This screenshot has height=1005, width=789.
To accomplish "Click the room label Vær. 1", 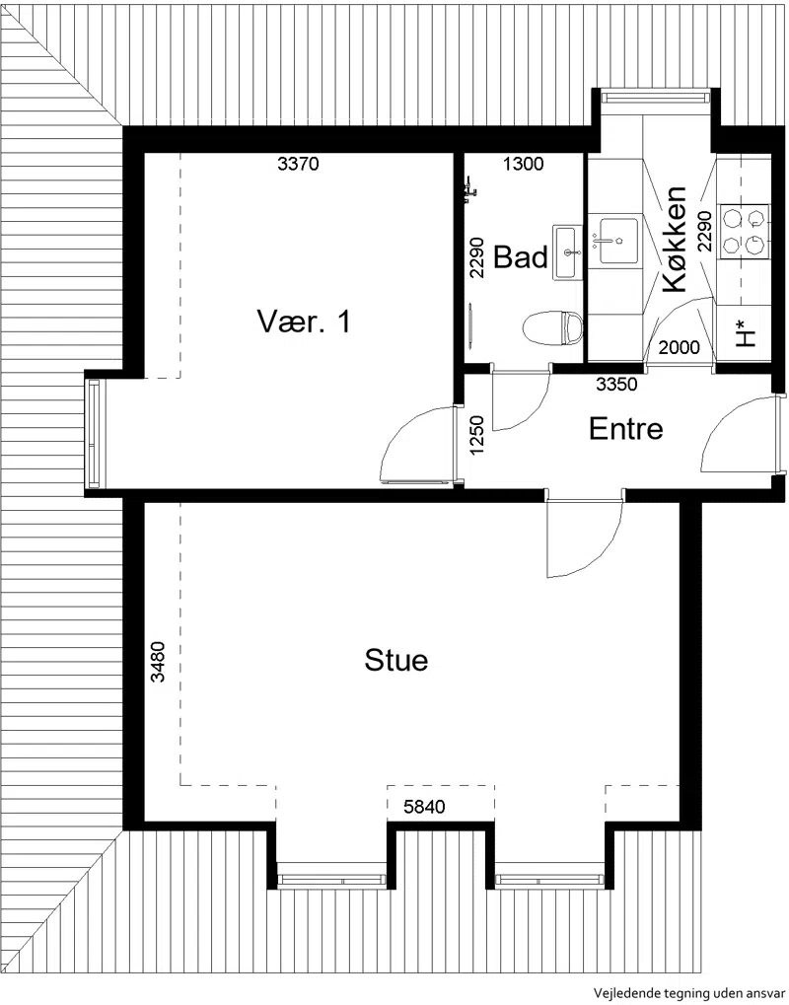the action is click(x=305, y=322).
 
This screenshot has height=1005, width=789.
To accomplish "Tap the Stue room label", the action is click(x=396, y=660).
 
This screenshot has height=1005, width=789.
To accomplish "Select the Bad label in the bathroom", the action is click(x=521, y=257).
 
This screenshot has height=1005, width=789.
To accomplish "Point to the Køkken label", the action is click(x=675, y=240).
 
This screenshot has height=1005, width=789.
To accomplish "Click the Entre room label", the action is click(x=625, y=429).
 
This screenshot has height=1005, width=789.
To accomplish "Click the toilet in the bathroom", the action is click(x=552, y=326).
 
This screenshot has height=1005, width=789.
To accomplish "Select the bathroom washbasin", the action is click(x=568, y=251).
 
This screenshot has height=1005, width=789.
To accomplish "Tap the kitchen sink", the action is click(x=618, y=241).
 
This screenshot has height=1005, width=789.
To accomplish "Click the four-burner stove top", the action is click(x=744, y=232).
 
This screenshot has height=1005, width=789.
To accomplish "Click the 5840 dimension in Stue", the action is click(x=424, y=806).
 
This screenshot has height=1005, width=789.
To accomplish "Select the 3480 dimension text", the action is click(x=158, y=662).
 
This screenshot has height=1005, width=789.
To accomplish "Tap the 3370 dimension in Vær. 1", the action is click(x=298, y=164).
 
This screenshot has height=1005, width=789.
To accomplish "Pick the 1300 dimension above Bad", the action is click(x=523, y=164).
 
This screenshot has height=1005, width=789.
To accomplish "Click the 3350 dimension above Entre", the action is click(x=616, y=384).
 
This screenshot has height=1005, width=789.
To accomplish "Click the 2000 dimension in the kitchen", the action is click(x=680, y=348).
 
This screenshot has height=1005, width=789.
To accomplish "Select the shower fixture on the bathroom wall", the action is click(x=469, y=189).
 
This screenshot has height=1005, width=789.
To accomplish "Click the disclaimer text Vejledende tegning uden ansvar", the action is click(x=688, y=994).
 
